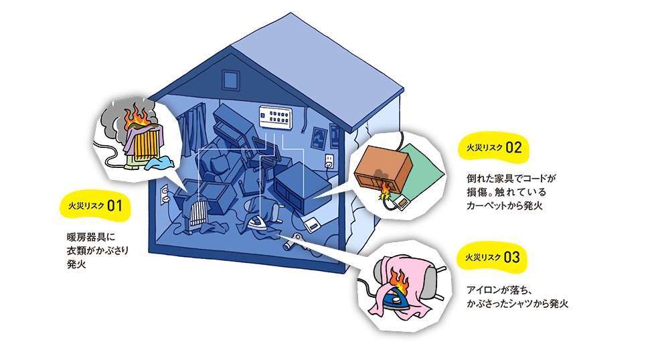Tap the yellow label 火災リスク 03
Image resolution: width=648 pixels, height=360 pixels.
491,258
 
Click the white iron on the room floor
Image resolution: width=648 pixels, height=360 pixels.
257,223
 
